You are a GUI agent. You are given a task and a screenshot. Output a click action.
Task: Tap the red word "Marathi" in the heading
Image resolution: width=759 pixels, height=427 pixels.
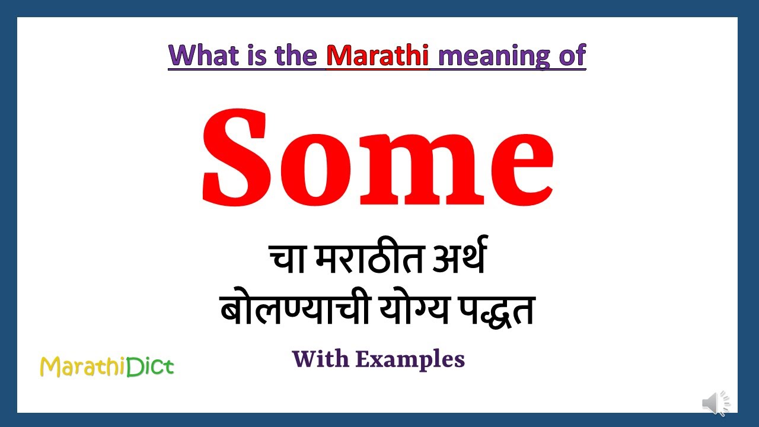[377, 56]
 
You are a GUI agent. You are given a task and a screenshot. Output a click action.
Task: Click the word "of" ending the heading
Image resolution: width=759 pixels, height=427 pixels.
[572, 56]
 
